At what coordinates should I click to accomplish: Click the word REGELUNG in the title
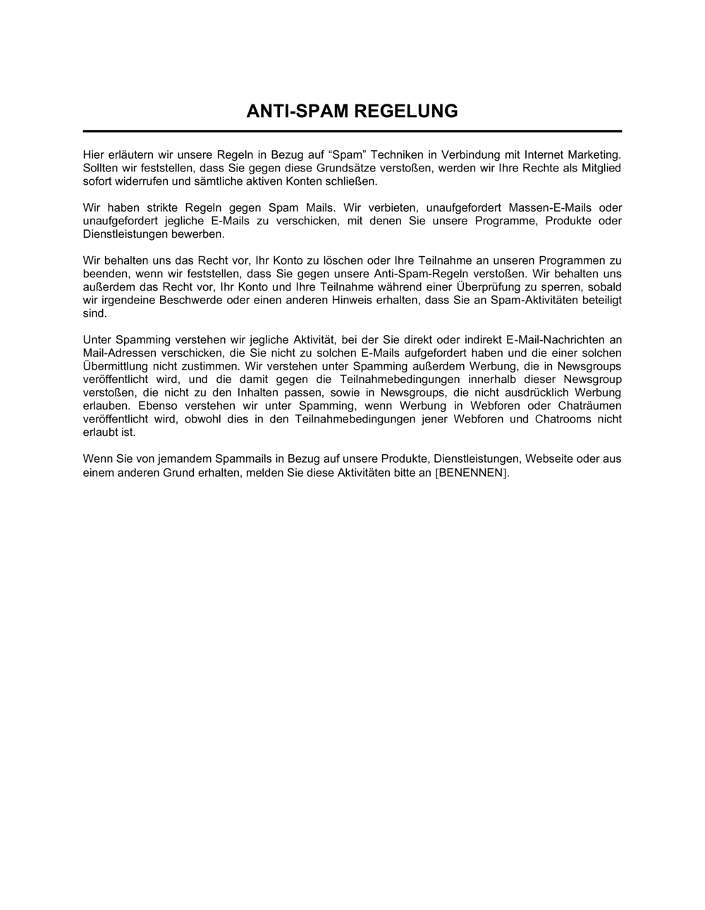click(405, 111)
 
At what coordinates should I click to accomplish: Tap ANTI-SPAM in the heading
click(297, 111)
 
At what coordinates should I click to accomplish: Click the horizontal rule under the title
click(352, 131)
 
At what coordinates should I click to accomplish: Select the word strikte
click(164, 207)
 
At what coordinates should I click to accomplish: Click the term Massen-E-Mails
click(543, 207)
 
